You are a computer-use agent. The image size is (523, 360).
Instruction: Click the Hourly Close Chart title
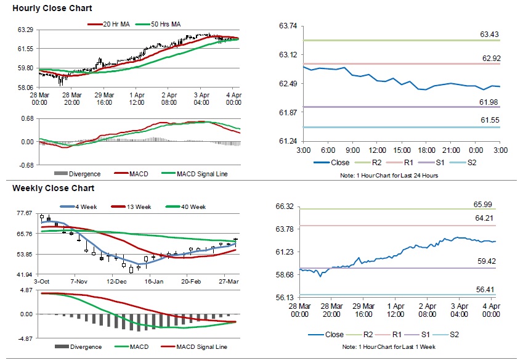click(x=52, y=8)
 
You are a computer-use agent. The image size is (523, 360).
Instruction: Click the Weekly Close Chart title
click(x=53, y=188)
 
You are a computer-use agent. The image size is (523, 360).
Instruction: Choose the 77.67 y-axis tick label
click(x=25, y=213)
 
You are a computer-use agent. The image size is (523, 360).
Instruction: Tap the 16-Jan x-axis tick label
click(x=154, y=281)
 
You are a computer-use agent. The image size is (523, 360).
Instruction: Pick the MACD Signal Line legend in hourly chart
click(x=201, y=174)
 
